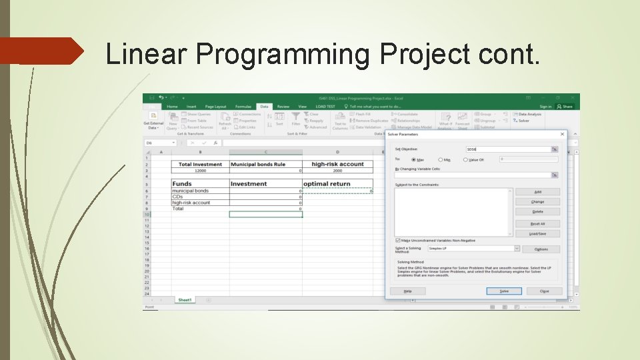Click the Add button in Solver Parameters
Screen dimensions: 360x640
click(x=537, y=192)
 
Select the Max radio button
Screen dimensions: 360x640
click(x=413, y=159)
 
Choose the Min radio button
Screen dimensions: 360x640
click(x=440, y=159)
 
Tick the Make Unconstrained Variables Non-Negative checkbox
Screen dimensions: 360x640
click(x=398, y=240)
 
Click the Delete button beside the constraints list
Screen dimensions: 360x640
click(x=537, y=212)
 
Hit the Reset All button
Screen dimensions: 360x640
click(x=537, y=224)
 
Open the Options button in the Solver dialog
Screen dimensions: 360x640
click(x=541, y=249)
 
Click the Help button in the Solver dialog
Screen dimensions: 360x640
click(x=407, y=291)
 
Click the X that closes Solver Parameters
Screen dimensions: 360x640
click(x=562, y=134)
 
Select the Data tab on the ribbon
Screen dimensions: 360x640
click(x=264, y=106)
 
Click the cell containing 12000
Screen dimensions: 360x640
click(x=200, y=171)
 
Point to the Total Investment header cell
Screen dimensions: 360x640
click(x=200, y=164)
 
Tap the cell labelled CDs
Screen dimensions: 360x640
click(x=200, y=197)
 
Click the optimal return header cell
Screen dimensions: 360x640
click(x=337, y=184)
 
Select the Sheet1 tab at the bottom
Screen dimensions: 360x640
click(x=185, y=300)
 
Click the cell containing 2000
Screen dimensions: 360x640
click(x=337, y=171)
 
